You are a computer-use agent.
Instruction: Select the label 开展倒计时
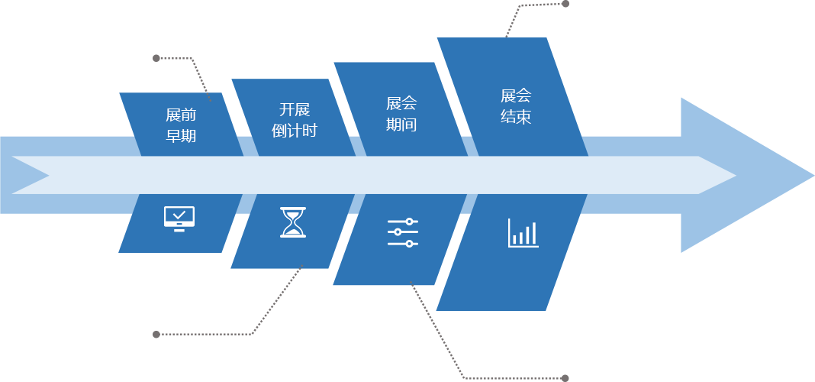(294, 119)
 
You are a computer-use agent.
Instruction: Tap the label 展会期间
(401, 114)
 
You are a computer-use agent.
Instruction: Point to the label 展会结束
(516, 106)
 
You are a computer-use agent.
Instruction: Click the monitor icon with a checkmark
(179, 219)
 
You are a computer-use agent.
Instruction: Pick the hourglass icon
(293, 222)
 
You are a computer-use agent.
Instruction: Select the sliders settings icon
(403, 232)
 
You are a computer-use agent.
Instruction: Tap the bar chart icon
(523, 233)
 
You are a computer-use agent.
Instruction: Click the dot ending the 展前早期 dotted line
(156, 58)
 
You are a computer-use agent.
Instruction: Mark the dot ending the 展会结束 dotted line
(565, 4)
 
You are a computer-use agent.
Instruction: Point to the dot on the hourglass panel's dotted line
(156, 334)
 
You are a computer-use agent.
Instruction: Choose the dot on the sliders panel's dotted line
(565, 377)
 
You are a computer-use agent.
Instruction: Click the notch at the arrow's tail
(47, 176)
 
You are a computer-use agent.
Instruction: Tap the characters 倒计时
(294, 130)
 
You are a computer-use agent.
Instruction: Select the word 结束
(516, 117)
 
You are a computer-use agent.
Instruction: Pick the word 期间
(401, 125)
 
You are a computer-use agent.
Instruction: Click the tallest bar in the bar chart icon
(533, 232)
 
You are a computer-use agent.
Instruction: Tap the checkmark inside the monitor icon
(179, 215)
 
